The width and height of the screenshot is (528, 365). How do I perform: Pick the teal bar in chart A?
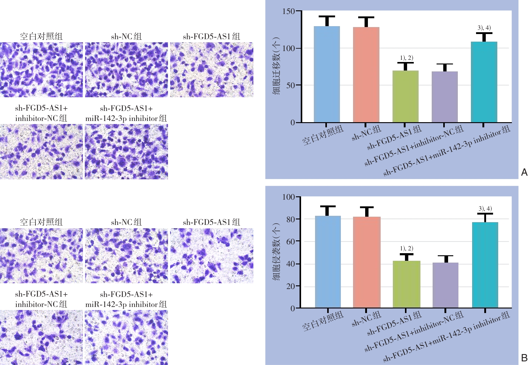484,82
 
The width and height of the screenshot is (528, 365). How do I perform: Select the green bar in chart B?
406,284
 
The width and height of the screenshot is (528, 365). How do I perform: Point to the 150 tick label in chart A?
288,12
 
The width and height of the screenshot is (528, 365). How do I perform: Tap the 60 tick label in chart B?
290,242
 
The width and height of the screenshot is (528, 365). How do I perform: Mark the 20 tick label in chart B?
290,286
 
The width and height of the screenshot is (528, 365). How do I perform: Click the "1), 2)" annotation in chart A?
406,58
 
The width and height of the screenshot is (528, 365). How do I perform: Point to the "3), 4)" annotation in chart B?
485,208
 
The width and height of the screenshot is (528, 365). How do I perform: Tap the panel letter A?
524,172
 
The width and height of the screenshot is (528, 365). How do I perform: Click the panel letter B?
524,358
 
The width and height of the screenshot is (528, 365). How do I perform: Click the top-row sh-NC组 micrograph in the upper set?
126,70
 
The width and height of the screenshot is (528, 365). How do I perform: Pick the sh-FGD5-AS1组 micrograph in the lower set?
211,256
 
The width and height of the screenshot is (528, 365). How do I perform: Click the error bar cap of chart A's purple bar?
445,64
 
